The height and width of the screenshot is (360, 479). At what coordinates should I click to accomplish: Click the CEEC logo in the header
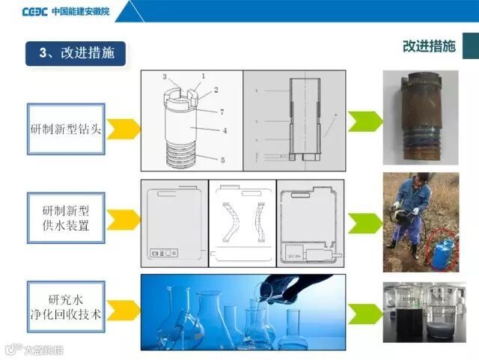(x=35, y=11)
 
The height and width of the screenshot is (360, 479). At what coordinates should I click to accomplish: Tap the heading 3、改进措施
(x=76, y=53)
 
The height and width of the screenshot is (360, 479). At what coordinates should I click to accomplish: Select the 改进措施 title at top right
(x=428, y=46)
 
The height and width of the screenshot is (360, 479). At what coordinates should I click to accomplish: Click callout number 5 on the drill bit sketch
(x=222, y=159)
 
